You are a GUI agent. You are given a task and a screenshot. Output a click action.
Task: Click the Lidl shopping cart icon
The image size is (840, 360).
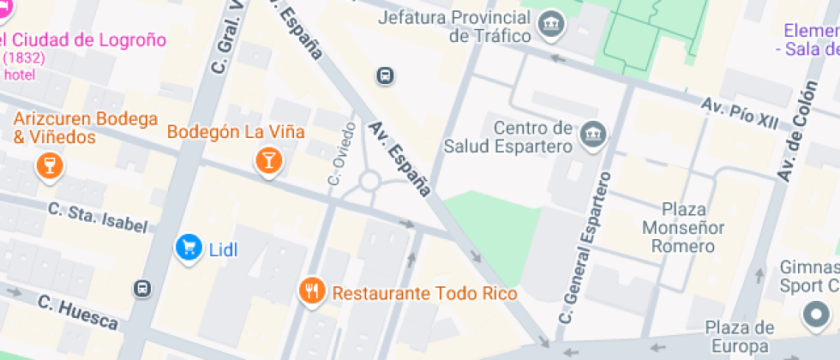188,249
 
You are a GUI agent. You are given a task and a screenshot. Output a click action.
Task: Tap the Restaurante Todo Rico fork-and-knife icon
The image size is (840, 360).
311,292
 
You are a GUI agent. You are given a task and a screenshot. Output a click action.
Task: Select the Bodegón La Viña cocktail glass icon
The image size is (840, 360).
269,160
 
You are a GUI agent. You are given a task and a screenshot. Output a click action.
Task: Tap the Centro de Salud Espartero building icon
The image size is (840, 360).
593,134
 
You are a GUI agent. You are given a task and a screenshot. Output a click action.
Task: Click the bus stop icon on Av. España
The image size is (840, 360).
386,76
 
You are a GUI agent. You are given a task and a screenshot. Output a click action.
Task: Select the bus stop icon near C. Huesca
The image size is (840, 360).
144,288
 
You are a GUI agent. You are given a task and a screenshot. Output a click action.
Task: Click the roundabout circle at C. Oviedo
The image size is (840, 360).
369,181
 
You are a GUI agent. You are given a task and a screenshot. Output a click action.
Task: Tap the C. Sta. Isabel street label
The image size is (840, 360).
98,217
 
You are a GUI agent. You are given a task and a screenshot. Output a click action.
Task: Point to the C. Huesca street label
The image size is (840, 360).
77,310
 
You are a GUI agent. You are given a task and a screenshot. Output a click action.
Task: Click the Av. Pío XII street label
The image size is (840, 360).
740,113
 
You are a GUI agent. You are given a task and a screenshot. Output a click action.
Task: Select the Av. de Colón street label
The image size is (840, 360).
797,129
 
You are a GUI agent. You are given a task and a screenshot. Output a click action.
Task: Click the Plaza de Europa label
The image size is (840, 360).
739,337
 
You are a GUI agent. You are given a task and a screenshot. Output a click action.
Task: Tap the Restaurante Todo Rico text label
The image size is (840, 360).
424,294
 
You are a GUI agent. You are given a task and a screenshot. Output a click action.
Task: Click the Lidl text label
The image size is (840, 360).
223,249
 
